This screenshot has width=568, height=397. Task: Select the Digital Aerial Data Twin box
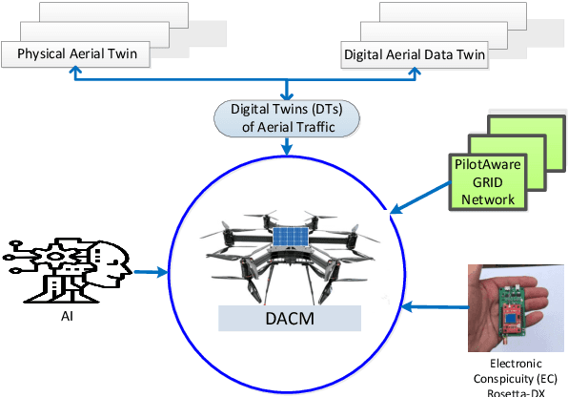(414, 54)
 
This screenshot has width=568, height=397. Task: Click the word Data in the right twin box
(437, 54)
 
